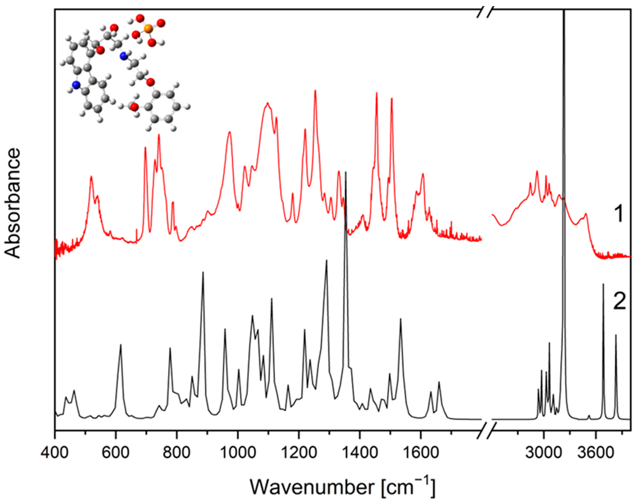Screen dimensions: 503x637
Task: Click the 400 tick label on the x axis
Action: [55, 453]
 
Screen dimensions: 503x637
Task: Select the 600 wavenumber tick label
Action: [116, 453]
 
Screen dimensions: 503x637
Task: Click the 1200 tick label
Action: [299, 453]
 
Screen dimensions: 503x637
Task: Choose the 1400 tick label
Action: [359, 453]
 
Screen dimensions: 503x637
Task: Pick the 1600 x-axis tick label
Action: [421, 453]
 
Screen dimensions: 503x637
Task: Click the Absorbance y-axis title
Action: [13, 203]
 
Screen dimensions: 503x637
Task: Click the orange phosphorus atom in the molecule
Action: [148, 29]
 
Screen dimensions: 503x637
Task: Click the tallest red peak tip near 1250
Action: [315, 91]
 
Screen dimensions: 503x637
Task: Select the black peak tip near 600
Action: [121, 344]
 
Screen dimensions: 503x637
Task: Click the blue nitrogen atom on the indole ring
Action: [76, 85]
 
